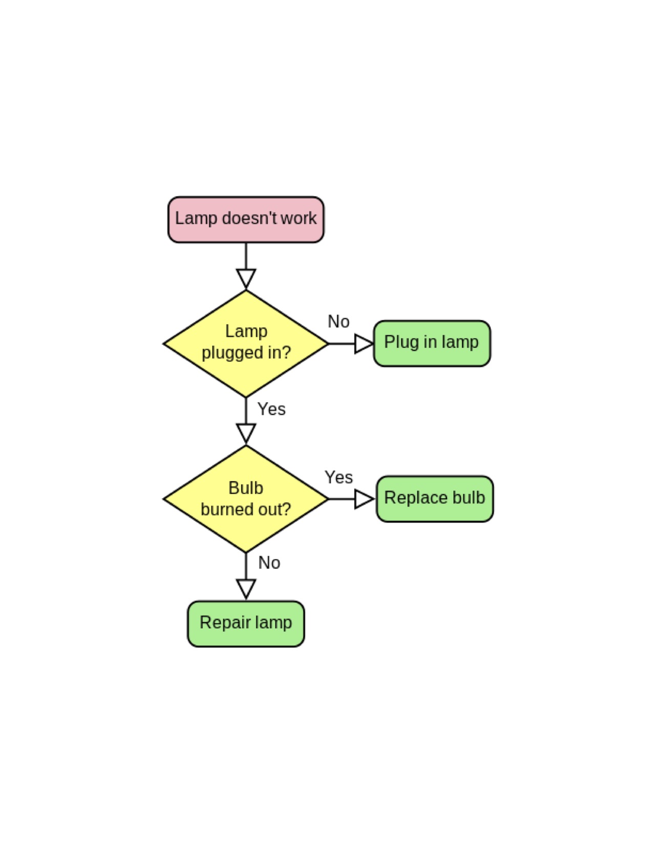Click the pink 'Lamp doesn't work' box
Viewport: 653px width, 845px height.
pyautogui.click(x=246, y=220)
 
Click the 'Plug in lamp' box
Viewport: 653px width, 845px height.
pyautogui.click(x=432, y=343)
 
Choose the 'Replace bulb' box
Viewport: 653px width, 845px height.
pyautogui.click(x=435, y=498)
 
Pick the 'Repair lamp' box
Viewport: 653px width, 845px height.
pyautogui.click(x=246, y=623)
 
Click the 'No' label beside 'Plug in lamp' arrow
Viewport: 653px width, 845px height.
pyautogui.click(x=339, y=322)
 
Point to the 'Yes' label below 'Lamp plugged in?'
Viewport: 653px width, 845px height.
pyautogui.click(x=271, y=409)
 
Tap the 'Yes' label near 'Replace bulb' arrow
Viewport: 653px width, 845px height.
pyautogui.click(x=339, y=477)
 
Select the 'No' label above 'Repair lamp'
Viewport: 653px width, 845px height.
pyautogui.click(x=269, y=563)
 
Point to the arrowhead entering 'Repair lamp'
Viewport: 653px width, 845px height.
pyautogui.click(x=246, y=588)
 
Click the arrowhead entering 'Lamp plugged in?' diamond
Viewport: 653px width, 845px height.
pyautogui.click(x=246, y=279)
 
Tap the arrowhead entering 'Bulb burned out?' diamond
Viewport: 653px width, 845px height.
pyautogui.click(x=246, y=433)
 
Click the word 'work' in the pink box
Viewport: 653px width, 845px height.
pyautogui.click(x=299, y=218)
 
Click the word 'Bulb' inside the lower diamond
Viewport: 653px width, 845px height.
pyautogui.click(x=246, y=488)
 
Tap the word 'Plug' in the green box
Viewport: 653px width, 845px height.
pyautogui.click(x=401, y=342)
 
